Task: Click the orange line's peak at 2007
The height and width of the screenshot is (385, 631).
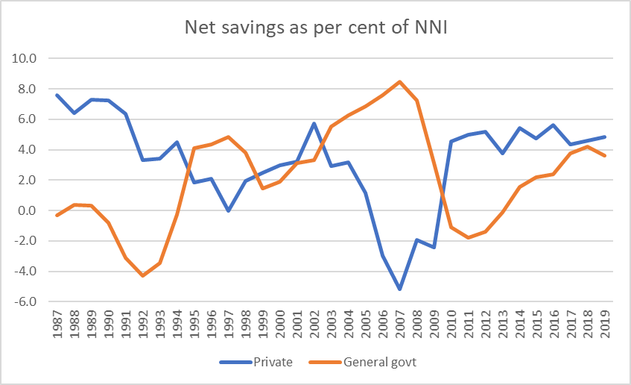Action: tap(400, 81)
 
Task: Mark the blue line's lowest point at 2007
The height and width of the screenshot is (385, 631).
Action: tap(400, 289)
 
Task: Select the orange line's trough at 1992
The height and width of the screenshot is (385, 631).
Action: tap(142, 276)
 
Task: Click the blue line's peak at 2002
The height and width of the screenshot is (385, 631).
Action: tap(314, 123)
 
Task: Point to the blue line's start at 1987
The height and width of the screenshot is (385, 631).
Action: tap(57, 95)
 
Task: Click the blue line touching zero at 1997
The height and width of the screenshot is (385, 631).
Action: tap(229, 210)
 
